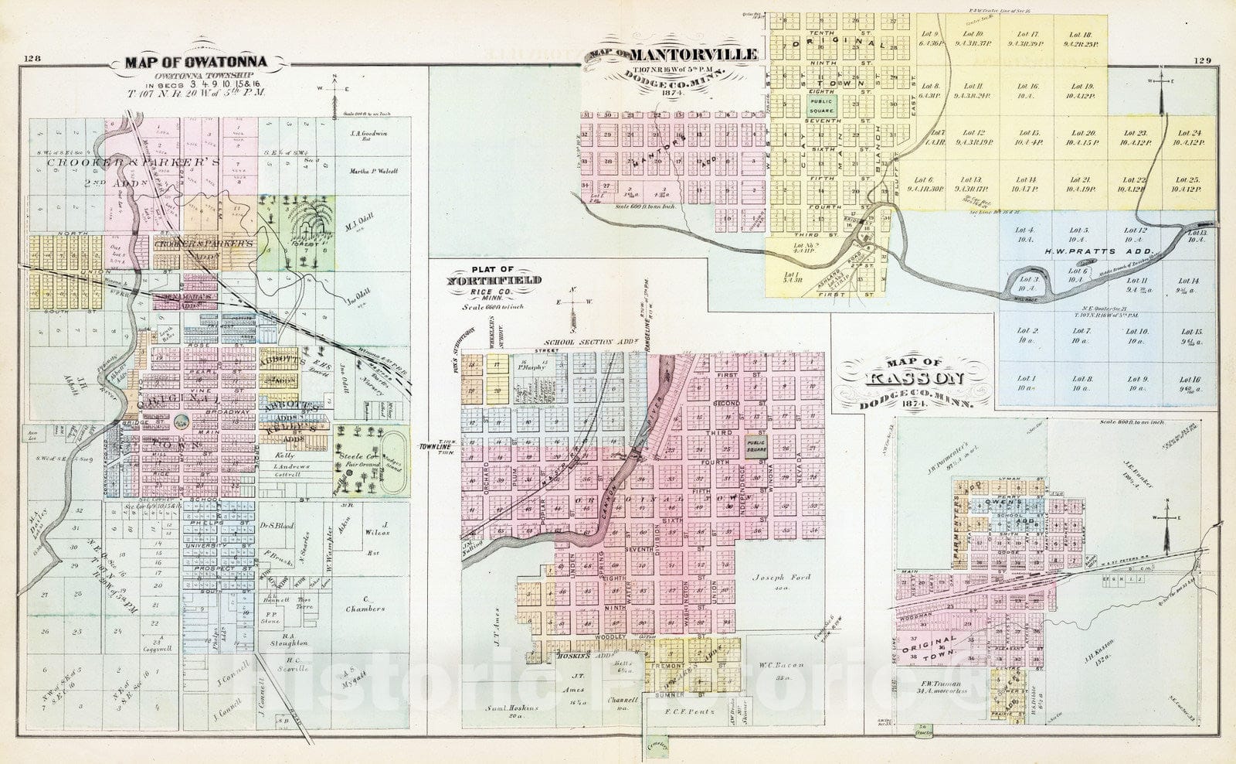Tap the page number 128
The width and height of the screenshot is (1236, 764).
(32, 59)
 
